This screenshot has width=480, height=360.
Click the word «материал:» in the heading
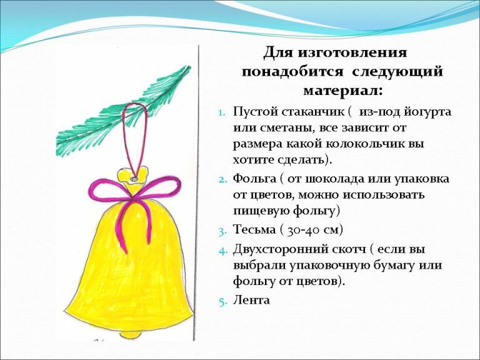pyautogui.click(x=343, y=90)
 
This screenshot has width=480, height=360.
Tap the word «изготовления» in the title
pyautogui.click(x=352, y=53)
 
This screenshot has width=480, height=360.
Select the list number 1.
pyautogui.click(x=221, y=112)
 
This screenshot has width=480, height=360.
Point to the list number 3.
pyautogui.click(x=222, y=231)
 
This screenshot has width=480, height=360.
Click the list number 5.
pyautogui.click(x=222, y=301)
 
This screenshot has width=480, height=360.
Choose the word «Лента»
pyautogui.click(x=251, y=300)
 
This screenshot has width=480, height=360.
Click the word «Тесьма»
pyautogui.click(x=254, y=229)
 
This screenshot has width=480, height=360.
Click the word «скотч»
pyautogui.click(x=349, y=249)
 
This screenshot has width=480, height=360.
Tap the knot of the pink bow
pyautogui.click(x=132, y=199)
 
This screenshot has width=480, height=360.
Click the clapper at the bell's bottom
pyautogui.click(x=131, y=334)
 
